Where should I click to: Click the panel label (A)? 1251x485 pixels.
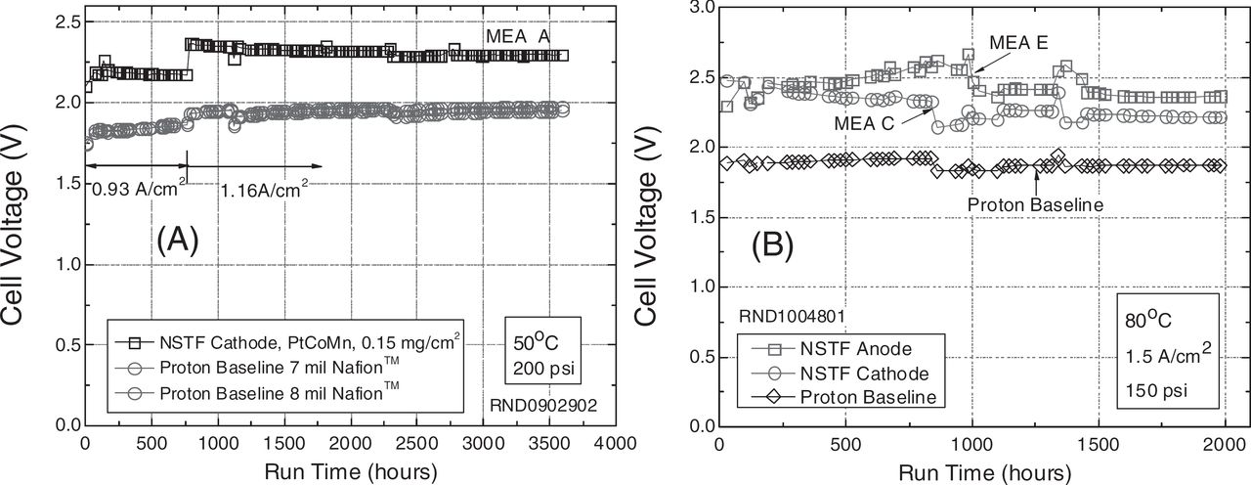pos(177,240)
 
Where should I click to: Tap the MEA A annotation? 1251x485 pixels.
pos(519,35)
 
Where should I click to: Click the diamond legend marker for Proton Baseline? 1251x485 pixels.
pos(766,396)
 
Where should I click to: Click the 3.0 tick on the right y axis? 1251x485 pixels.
pos(699,8)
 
